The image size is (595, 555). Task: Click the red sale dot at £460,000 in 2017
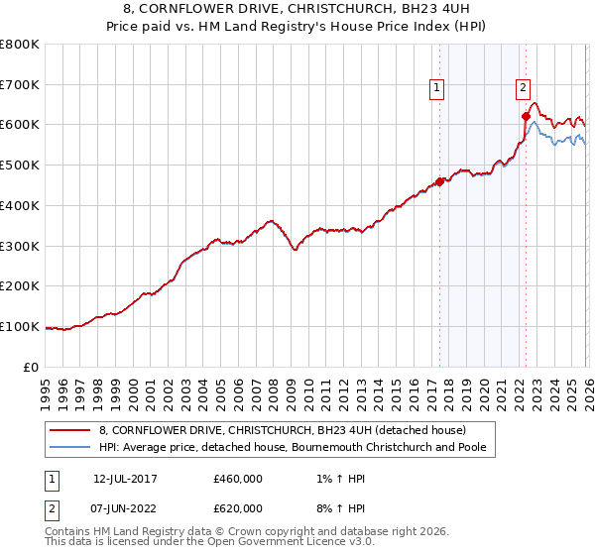[439, 181]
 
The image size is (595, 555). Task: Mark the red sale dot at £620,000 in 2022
[526, 117]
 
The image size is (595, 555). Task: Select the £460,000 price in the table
[238, 480]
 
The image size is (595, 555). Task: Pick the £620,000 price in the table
[238, 507]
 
